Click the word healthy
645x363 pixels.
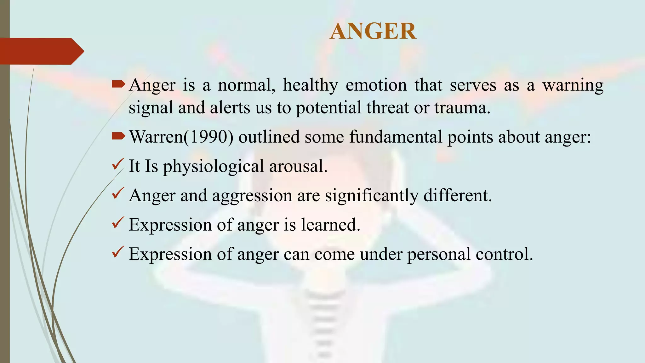tap(310, 85)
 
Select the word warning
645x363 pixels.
tap(573, 86)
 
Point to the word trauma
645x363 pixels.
tap(462, 108)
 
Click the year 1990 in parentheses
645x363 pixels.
tap(208, 137)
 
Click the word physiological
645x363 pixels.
tap(213, 166)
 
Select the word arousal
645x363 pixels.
tap(298, 166)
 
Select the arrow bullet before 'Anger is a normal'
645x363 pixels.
tap(118, 84)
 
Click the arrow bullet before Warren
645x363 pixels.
tap(118, 136)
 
